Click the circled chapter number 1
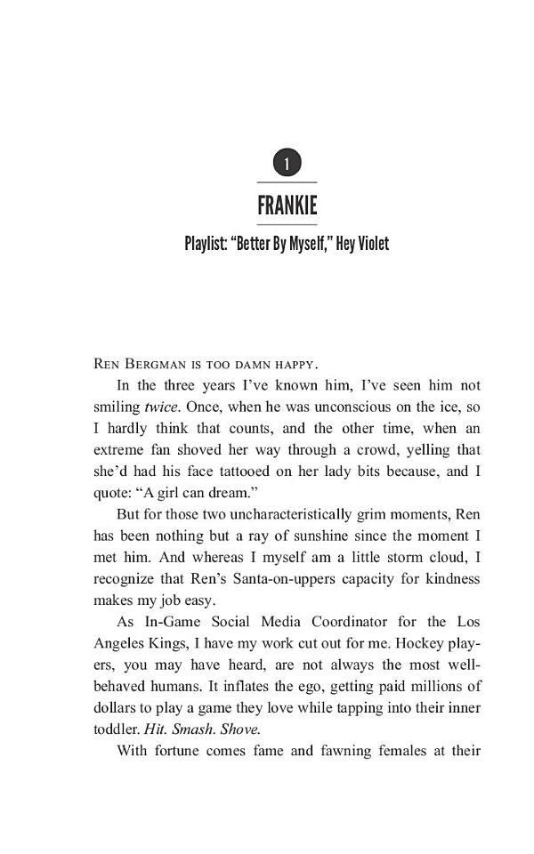(287, 164)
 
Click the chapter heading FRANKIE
(287, 206)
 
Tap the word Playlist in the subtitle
(206, 244)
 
